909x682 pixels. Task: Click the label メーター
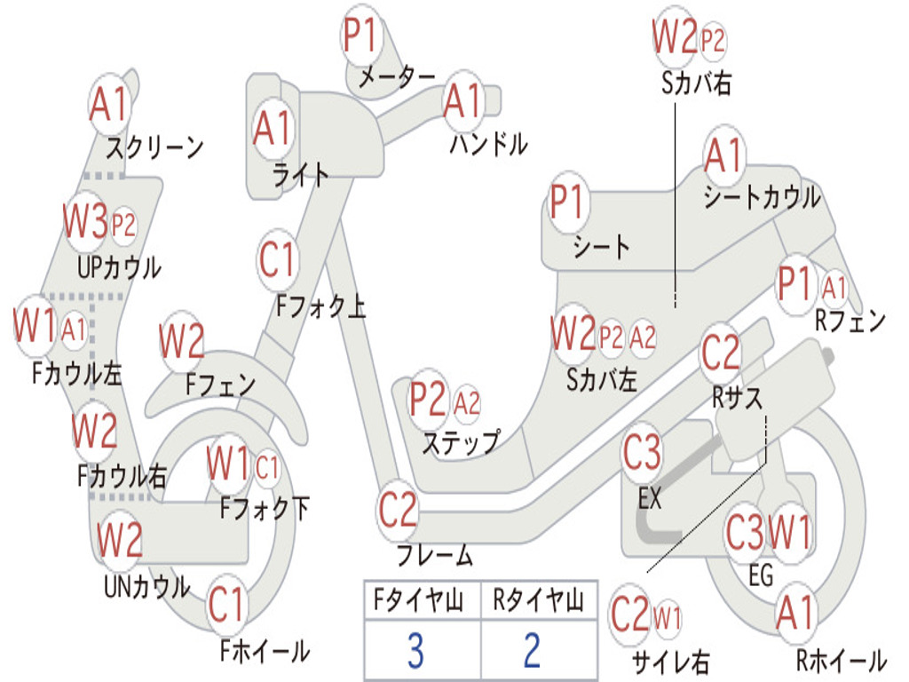pos(396,78)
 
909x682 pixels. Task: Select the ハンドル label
pos(487,143)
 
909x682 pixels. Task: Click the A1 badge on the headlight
pos(272,129)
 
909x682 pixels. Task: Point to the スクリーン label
pos(154,147)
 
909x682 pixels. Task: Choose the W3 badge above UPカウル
pos(86,223)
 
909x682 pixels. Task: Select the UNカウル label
pos(146,587)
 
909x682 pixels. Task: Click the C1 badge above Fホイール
pos(226,606)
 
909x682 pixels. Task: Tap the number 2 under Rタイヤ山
pos(532,651)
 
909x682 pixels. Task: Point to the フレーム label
pos(434,557)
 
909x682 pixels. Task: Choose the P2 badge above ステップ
pos(428,401)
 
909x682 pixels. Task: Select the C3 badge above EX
pos(642,454)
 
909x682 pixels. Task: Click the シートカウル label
pos(762,198)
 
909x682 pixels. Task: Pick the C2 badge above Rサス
pos(720,353)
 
